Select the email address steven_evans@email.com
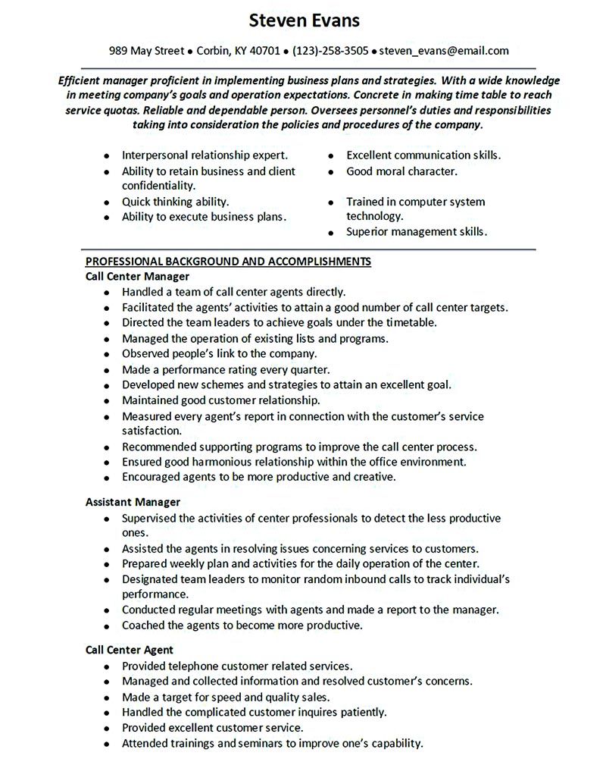pyautogui.click(x=444, y=51)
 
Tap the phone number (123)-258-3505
pyautogui.click(x=330, y=51)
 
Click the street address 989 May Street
pyautogui.click(x=146, y=51)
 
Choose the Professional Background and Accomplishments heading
pyautogui.click(x=228, y=262)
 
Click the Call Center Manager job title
pyautogui.click(x=137, y=276)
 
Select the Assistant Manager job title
pyautogui.click(x=133, y=502)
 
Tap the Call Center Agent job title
pyautogui.click(x=130, y=650)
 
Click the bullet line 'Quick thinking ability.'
pyautogui.click(x=175, y=202)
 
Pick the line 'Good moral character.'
pyautogui.click(x=401, y=171)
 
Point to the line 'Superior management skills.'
pyautogui.click(x=417, y=231)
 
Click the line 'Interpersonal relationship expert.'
pyautogui.click(x=205, y=155)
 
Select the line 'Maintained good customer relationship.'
pyautogui.click(x=220, y=400)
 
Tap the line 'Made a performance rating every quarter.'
pyautogui.click(x=226, y=370)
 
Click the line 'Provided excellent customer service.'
pyautogui.click(x=217, y=728)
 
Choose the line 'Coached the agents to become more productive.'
pyautogui.click(x=242, y=626)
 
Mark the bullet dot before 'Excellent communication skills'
pyautogui.click(x=332, y=155)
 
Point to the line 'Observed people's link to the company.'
pyautogui.click(x=219, y=354)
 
